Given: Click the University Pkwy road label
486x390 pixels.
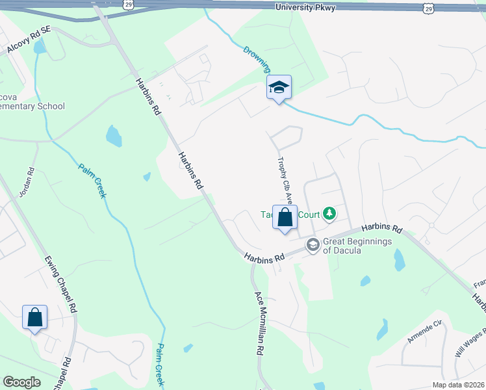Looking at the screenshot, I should pos(305,7).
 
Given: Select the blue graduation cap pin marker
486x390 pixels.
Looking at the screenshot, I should pos(279,88).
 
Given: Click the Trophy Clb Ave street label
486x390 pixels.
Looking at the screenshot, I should pos(284,181).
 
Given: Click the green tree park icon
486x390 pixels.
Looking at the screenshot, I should pos(330,213).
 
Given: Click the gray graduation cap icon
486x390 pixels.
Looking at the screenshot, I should pos(313,245).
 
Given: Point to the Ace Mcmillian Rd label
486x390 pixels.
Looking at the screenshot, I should pos(259,322).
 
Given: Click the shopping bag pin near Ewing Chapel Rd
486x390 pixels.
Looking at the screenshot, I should pos(35,318).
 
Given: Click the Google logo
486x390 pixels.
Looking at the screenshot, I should pos(21,382).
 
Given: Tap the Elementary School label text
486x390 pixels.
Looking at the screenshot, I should pos(32,106).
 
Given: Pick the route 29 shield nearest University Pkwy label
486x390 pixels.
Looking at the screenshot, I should pos(427,7).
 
